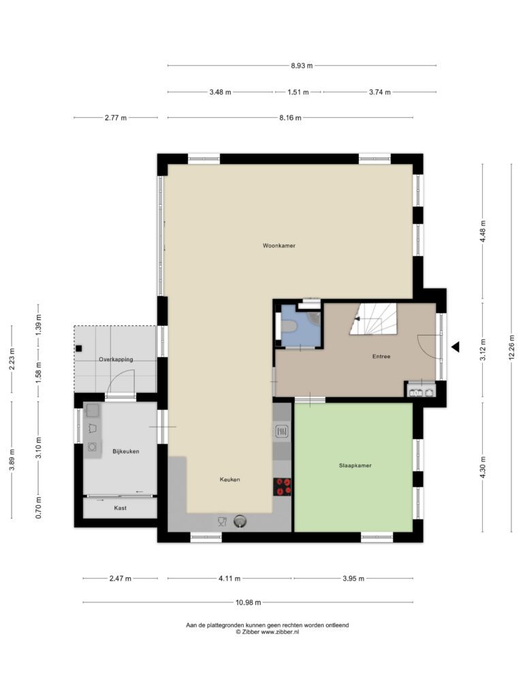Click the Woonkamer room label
[279, 245]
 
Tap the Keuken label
[230, 479]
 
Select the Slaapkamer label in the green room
[355, 466]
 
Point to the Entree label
[381, 356]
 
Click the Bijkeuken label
[126, 451]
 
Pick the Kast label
[120, 508]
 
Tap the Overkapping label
[116, 359]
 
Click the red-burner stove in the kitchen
[282, 487]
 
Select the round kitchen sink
[240, 521]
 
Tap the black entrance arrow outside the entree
[455, 346]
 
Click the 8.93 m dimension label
[302, 66]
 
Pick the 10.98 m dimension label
[248, 602]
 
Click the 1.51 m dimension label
[298, 92]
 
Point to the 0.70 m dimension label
[39, 508]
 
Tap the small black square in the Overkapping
[79, 348]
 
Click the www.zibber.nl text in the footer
[280, 632]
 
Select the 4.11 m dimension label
[229, 579]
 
